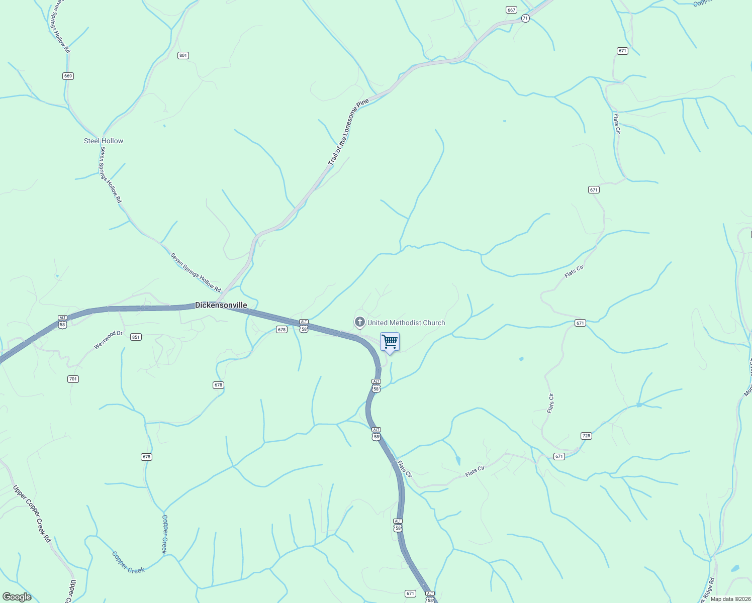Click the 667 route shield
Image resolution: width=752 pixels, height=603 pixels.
pos(511,10)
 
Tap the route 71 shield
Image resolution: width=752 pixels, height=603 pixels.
pos(525,18)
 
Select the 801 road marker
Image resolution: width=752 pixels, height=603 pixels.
pos(183,55)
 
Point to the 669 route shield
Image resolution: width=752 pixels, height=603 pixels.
pos(68,76)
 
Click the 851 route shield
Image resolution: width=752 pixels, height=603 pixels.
pos(136,337)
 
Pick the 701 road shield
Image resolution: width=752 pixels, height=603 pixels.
pos(73,379)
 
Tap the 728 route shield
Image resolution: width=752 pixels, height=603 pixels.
pos(586,436)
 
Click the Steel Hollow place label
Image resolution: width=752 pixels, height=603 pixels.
pos(104,141)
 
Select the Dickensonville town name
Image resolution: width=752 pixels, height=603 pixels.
pos(221,305)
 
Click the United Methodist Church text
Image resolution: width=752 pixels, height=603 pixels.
pos(406,323)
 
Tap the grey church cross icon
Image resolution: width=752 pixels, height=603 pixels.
pos(359,322)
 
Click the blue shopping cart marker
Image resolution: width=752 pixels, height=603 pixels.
pos(390,342)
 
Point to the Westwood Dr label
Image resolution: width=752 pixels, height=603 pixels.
pos(109,340)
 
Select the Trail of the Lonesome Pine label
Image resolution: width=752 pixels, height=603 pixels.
pos(348,133)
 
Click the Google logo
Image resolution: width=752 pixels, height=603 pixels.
pos(17,597)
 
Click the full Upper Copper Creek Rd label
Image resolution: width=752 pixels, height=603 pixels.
pos(32,513)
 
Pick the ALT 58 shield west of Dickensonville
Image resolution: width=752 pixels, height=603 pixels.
pos(62,322)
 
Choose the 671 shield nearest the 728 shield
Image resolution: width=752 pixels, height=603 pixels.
pos(559,456)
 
